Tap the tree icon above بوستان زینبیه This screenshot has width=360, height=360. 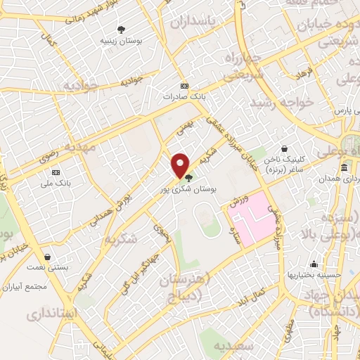122,30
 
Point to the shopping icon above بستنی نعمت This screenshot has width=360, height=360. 47,257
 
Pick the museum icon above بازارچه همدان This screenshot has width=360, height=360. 344,168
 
